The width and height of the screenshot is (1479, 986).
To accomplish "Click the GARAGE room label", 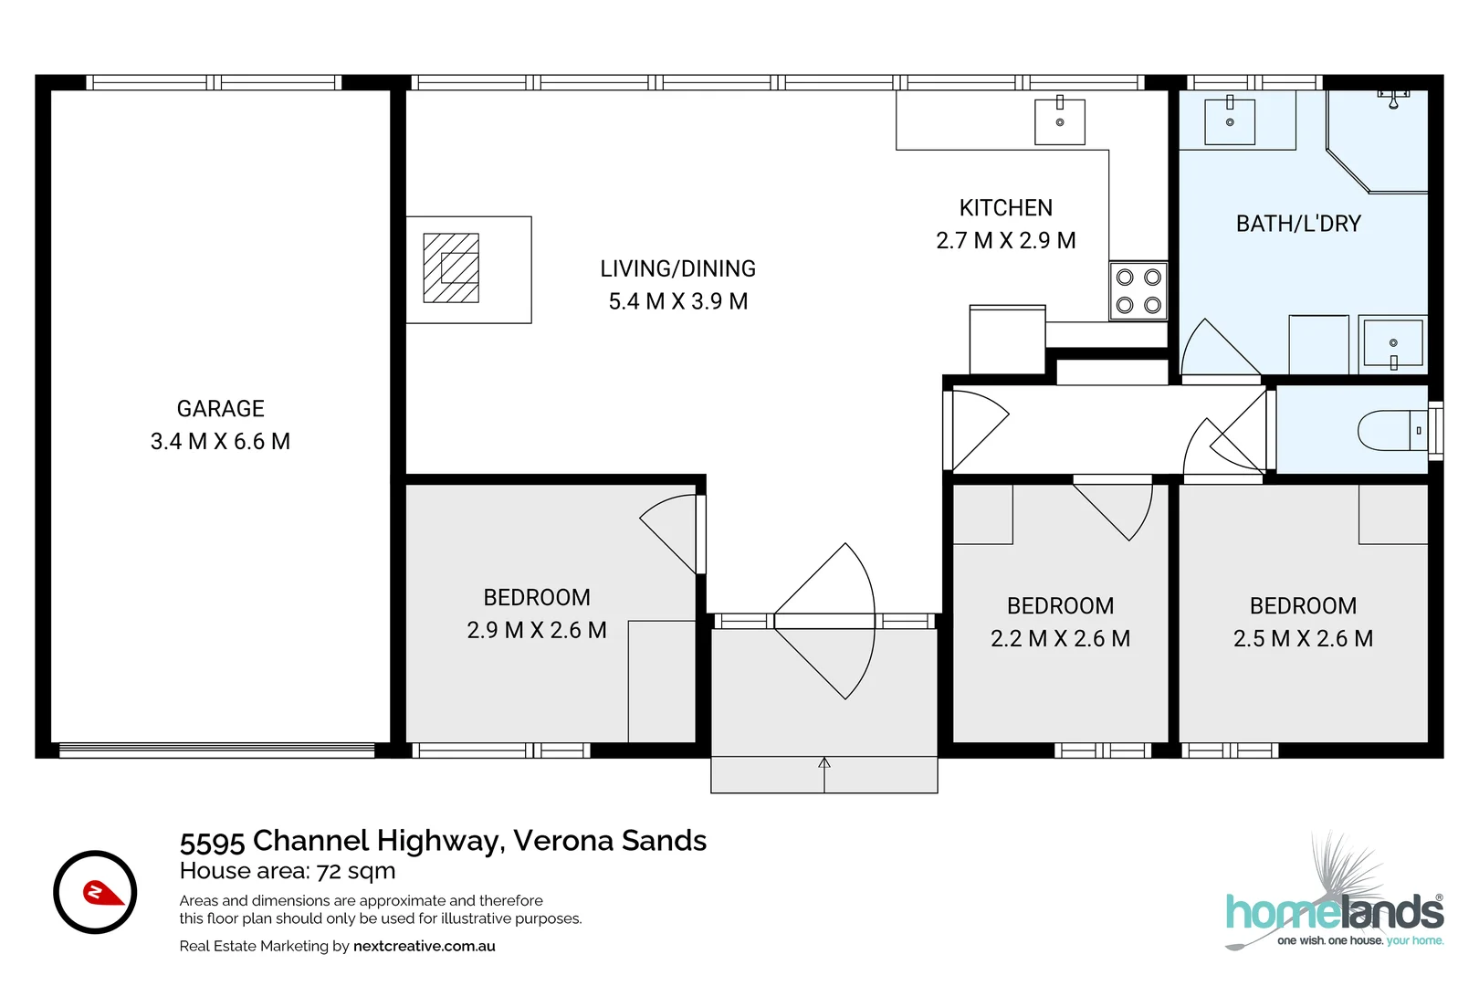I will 220,408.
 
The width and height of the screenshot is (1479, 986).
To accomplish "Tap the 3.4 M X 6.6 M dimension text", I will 220,442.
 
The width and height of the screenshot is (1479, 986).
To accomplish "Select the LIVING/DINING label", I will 677,268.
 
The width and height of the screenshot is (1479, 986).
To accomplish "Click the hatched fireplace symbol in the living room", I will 451,268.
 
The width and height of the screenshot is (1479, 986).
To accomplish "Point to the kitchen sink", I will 1059,121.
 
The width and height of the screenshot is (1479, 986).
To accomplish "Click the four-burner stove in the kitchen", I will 1138,291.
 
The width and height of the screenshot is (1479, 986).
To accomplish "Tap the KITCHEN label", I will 1005,208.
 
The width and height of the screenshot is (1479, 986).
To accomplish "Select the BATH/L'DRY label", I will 1297,224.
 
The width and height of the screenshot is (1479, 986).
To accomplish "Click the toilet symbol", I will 1392,431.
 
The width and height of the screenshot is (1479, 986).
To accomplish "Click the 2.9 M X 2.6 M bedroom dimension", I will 536,631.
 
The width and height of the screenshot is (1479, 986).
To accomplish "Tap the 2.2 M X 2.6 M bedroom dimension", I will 1060,639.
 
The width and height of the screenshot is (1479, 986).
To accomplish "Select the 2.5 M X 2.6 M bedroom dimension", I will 1303,639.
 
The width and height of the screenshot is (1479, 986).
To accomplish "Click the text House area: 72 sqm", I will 287,871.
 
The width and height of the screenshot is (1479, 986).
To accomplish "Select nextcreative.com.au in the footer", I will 424,946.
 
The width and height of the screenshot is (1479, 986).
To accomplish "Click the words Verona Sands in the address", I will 610,840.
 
